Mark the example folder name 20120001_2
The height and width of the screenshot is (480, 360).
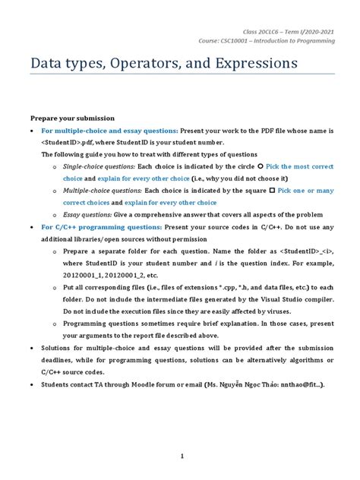pos(122,275)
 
